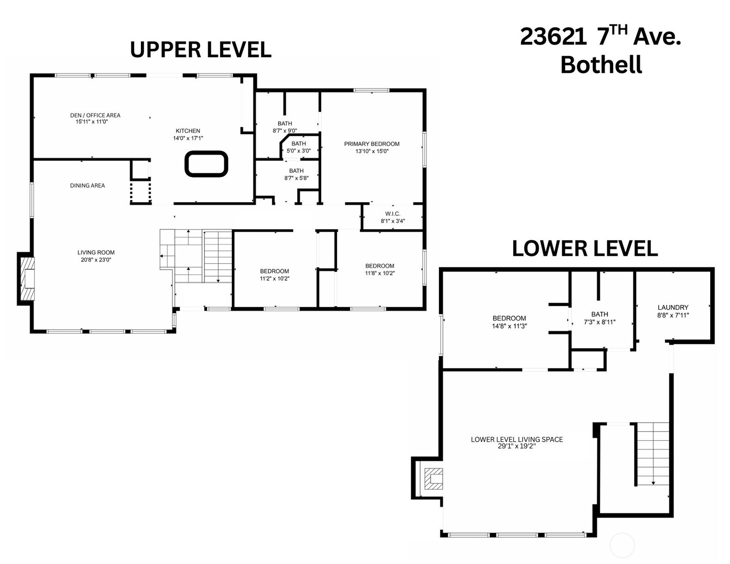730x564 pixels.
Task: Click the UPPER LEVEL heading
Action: coord(201,50)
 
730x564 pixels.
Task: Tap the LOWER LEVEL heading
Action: coord(584,248)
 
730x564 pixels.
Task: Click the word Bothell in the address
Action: coord(601,65)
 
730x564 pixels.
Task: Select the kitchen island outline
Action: coord(206,164)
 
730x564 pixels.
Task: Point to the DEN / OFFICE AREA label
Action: coord(95,115)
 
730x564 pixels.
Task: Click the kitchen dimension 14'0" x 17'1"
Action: coord(188,138)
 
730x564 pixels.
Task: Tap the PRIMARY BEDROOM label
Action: coord(372,144)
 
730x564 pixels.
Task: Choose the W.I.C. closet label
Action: coord(393,214)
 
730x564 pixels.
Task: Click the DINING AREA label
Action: coord(87,185)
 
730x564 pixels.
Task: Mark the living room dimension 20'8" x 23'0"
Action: coord(96,260)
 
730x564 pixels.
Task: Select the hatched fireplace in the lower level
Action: coord(434,479)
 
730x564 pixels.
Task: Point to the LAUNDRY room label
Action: coord(673,307)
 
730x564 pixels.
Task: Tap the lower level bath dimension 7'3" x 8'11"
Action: coord(600,322)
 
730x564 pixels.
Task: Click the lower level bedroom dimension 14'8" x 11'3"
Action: coord(510,326)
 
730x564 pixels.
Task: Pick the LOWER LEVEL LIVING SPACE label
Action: coord(517,439)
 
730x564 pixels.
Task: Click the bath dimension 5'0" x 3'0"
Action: coord(298,151)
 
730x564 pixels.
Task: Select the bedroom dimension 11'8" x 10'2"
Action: coord(380,273)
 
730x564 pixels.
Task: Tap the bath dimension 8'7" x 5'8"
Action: coord(296,178)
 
